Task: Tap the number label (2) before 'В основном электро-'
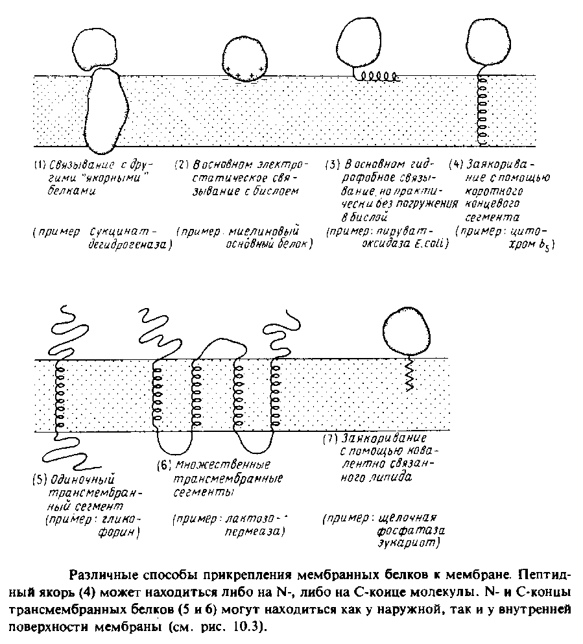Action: (x=181, y=165)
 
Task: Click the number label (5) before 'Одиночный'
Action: (x=38, y=481)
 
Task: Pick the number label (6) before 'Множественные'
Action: (x=163, y=465)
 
